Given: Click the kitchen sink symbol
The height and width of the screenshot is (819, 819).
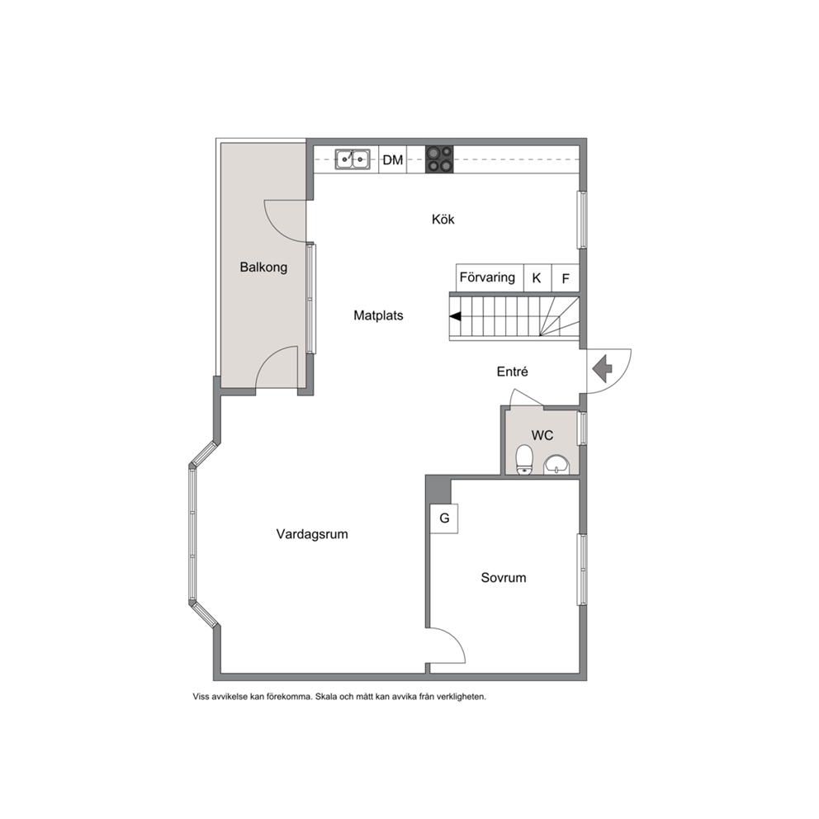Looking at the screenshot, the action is (353, 159).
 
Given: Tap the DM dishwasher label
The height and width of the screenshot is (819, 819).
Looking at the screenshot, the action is (393, 160).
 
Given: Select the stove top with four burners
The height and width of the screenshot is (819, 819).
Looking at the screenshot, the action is (439, 159).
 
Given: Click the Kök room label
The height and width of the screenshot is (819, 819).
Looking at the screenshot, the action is (443, 220).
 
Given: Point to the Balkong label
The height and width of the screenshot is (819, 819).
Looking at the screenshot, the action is (263, 267).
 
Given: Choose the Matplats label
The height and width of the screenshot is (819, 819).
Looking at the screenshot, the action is (378, 315).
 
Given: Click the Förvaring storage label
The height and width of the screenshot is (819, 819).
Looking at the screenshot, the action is (487, 277).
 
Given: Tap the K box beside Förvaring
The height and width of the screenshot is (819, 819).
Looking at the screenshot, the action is (537, 278).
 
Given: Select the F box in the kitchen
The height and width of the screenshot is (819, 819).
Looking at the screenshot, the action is (566, 278).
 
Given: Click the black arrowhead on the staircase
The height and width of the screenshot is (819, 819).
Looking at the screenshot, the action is (456, 316).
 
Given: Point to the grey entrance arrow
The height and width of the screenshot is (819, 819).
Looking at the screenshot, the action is (602, 369).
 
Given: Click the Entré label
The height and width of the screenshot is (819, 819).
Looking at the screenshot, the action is (512, 372).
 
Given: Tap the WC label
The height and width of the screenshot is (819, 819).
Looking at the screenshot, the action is (542, 436).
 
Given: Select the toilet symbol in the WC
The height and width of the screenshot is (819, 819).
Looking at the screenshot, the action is (524, 460).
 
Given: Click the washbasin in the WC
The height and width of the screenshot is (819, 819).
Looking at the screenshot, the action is (556, 464).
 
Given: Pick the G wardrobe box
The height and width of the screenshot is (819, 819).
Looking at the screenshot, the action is (444, 518).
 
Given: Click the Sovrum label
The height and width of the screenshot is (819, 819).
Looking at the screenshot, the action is (504, 578).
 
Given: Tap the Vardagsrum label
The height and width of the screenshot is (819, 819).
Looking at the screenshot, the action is (312, 534).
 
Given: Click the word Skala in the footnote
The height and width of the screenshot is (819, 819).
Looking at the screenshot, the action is (325, 697).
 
